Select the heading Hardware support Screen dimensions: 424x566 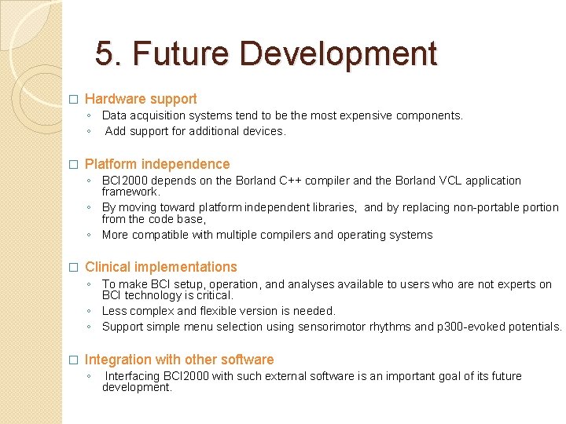[x=141, y=99]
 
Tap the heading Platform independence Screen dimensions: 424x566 [x=157, y=164]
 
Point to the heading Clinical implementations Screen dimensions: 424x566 [x=160, y=267]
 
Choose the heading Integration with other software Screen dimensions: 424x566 [x=179, y=360]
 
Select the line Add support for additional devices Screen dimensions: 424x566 [x=195, y=131]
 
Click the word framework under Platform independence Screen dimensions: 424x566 [x=130, y=191]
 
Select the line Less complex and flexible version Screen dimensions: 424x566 [x=219, y=311]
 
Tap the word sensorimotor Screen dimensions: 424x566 [x=331, y=327]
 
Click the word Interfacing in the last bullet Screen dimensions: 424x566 [x=134, y=376]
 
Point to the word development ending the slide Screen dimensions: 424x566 [x=136, y=387]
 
